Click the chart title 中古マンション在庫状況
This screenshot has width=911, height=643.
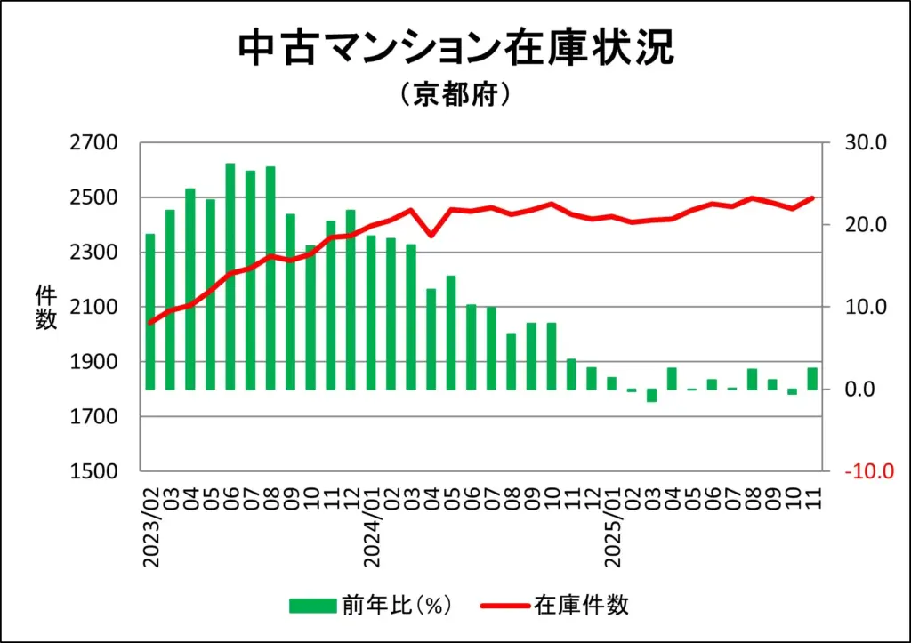click(x=455, y=50)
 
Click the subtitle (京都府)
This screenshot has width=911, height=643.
click(x=455, y=94)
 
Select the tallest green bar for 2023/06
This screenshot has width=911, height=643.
click(x=230, y=277)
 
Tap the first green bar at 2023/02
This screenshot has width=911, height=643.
click(x=150, y=311)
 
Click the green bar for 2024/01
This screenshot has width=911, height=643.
click(x=371, y=312)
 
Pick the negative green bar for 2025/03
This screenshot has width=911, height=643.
click(x=652, y=395)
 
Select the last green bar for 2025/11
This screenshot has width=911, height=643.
click(x=812, y=379)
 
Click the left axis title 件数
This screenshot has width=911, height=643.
click(x=46, y=308)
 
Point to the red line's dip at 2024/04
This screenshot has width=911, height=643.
click(x=431, y=235)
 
